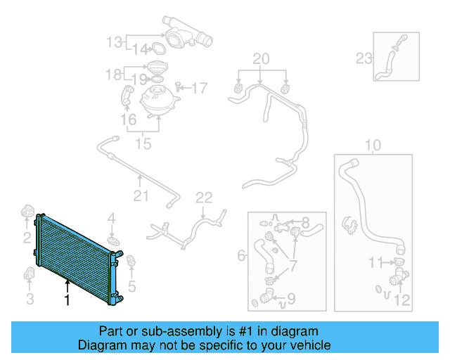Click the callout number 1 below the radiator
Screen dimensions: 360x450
pyautogui.click(x=67, y=300)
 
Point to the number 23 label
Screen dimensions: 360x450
pyautogui.click(x=364, y=58)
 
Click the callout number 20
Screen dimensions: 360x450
pyautogui.click(x=261, y=58)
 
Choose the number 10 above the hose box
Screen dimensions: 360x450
pyautogui.click(x=373, y=146)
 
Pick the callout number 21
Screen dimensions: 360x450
pyautogui.click(x=141, y=195)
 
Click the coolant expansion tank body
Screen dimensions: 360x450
pyautogui.click(x=157, y=102)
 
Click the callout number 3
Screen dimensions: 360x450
pyautogui.click(x=29, y=300)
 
